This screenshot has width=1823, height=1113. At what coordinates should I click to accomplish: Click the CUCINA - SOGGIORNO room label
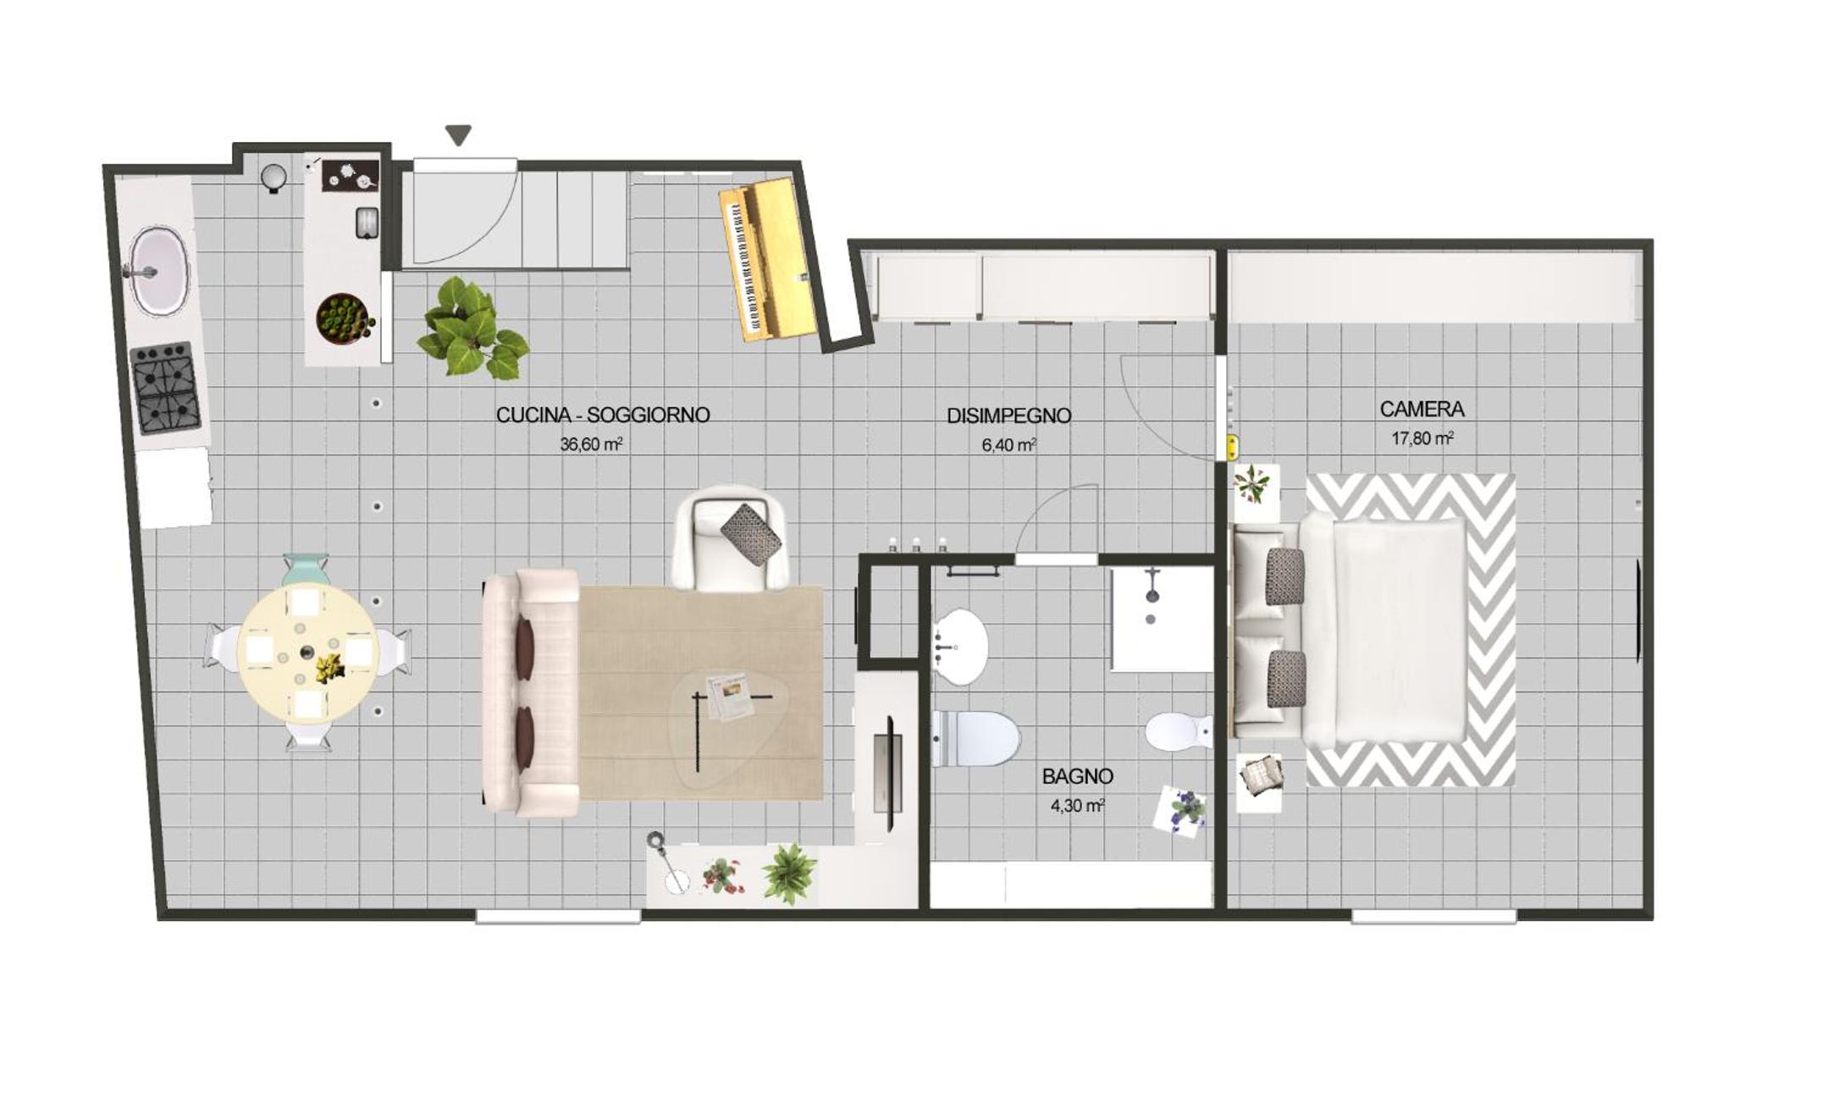click(602, 415)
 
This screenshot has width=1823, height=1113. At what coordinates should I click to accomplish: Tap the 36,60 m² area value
click(591, 444)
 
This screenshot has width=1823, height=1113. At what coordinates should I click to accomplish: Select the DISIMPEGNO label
click(1008, 416)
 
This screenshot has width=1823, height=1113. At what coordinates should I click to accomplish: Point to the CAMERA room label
click(1422, 409)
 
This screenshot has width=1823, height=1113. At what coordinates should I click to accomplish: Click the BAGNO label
click(1077, 775)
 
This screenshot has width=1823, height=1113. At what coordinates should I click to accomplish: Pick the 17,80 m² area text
click(1422, 438)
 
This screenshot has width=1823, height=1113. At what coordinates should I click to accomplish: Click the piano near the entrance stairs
click(767, 259)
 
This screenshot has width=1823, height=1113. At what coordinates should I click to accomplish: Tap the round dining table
click(307, 653)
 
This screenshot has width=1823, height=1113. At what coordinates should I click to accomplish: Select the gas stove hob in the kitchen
click(167, 388)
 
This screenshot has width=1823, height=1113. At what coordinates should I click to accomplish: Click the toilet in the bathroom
click(974, 737)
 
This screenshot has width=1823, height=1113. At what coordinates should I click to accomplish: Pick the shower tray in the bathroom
click(1163, 619)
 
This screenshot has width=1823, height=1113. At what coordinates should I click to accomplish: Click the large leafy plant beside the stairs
click(472, 328)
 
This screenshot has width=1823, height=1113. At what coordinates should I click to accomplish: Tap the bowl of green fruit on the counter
click(345, 319)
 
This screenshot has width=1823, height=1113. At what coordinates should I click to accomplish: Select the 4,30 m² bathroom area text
click(1077, 805)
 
